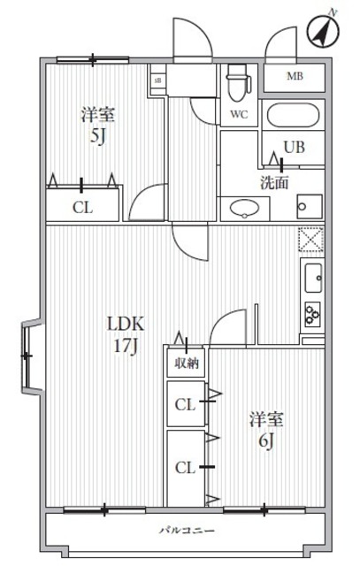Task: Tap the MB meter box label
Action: (295, 77)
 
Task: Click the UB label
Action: (294, 148)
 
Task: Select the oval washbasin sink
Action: (243, 209)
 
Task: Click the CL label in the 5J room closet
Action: (81, 210)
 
